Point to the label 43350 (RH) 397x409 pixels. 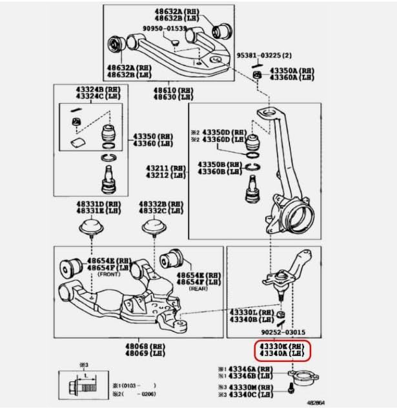click(x=153, y=137)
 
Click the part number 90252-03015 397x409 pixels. click(x=283, y=332)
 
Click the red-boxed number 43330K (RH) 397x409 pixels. click(x=283, y=346)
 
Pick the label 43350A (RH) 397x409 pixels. click(x=292, y=70)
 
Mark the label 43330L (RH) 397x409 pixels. click(x=252, y=312)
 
